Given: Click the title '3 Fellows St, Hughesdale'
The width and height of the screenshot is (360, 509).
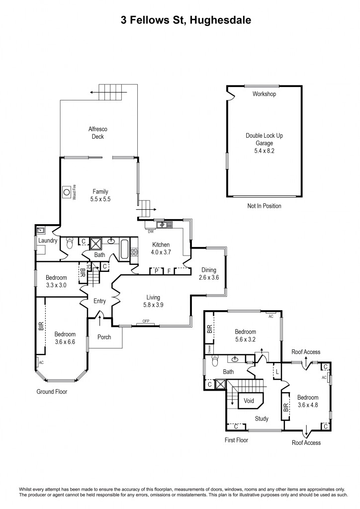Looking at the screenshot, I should click(180, 20).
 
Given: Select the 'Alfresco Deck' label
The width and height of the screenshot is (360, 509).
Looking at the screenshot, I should click(98, 133).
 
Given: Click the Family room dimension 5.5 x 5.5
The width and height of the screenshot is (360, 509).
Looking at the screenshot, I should click(100, 199).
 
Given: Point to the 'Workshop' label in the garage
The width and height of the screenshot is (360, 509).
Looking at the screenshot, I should click(264, 94).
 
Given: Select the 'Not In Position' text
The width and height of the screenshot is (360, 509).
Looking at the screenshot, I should click(264, 206).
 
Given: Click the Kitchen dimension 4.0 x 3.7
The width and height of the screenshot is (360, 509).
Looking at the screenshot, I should click(161, 252).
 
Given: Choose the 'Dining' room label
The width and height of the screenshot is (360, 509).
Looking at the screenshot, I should click(208, 270).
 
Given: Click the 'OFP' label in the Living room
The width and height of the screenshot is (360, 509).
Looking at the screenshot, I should click(146, 322).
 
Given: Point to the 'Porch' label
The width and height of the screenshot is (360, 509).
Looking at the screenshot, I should click(104, 337).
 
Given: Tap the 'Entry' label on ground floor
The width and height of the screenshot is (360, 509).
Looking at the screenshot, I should click(100, 301).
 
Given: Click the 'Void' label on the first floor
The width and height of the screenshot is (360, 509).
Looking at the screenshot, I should click(250, 400).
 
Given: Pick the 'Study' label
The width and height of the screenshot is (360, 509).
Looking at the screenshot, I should click(262, 419).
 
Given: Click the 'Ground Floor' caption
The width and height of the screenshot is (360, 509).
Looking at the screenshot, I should click(52, 392).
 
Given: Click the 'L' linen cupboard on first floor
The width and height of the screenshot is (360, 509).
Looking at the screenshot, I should click(277, 371).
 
